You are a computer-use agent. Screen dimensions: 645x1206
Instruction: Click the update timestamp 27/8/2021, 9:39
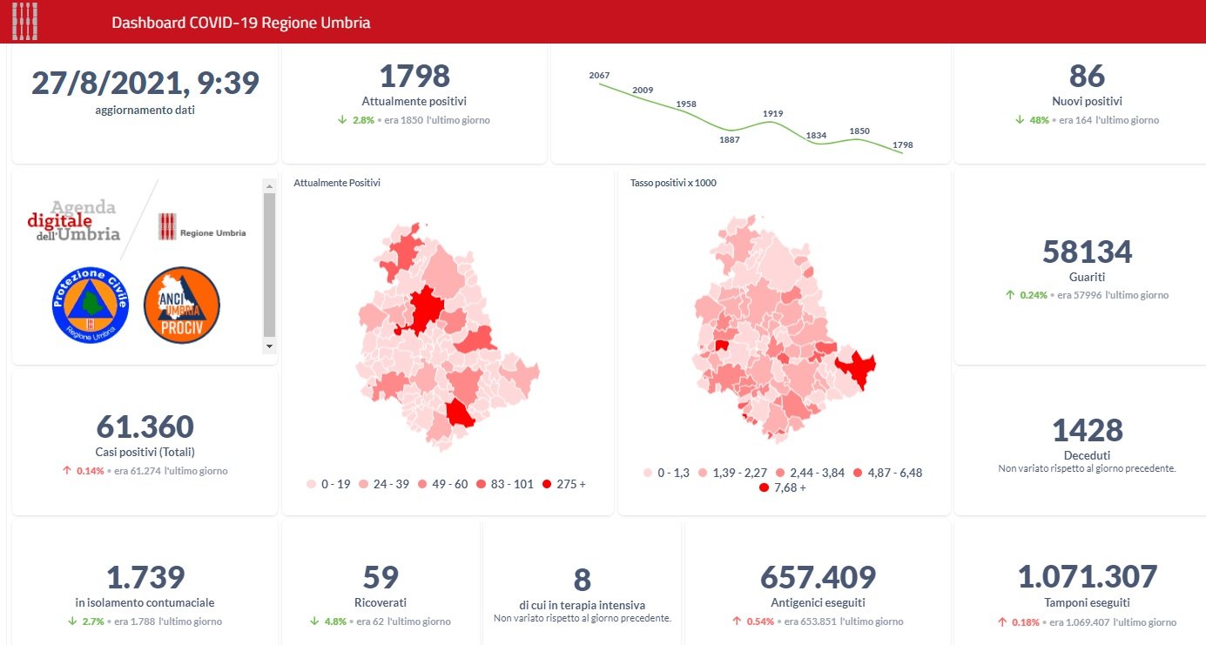click(x=145, y=84)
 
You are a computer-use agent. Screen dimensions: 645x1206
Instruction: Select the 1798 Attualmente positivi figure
click(x=414, y=77)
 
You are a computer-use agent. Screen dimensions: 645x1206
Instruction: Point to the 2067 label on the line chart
click(x=599, y=76)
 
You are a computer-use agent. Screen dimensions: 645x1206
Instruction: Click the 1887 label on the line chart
click(x=730, y=139)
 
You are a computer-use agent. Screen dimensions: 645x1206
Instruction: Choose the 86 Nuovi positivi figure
click(x=1087, y=77)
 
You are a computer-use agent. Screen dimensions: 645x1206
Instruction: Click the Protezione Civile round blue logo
click(x=90, y=305)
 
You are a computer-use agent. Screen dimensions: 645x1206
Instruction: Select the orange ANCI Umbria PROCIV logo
click(x=181, y=305)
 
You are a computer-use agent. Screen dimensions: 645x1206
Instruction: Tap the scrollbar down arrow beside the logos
click(x=269, y=346)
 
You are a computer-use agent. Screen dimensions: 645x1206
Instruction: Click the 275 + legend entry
click(x=563, y=484)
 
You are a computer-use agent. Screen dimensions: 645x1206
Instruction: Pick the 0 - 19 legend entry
click(x=328, y=484)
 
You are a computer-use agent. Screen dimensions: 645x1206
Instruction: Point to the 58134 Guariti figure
click(x=1087, y=252)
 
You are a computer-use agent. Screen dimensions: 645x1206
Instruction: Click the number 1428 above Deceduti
click(x=1087, y=431)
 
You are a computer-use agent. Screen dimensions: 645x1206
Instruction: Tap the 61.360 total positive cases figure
click(x=145, y=427)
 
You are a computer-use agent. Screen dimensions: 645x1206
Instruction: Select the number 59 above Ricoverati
click(x=381, y=578)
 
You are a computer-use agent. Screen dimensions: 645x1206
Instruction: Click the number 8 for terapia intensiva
click(x=583, y=581)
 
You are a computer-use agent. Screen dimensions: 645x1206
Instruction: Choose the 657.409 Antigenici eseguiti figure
click(x=818, y=578)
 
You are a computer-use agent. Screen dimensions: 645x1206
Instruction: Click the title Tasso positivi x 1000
click(x=673, y=183)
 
